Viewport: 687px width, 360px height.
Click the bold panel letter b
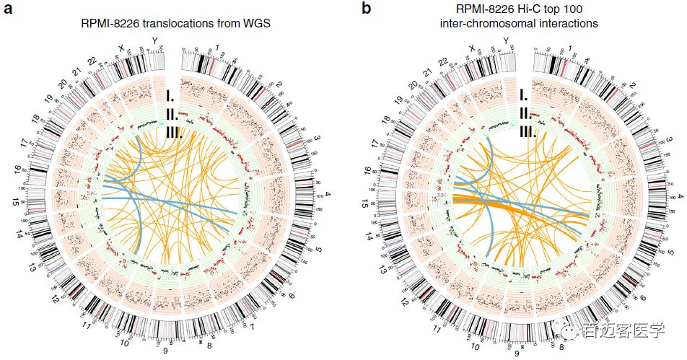point(367,9)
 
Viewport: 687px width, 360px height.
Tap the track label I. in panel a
point(171,95)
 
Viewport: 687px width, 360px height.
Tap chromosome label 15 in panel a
point(14,202)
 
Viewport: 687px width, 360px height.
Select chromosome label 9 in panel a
point(165,351)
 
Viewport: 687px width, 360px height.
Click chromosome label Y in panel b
point(505,40)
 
